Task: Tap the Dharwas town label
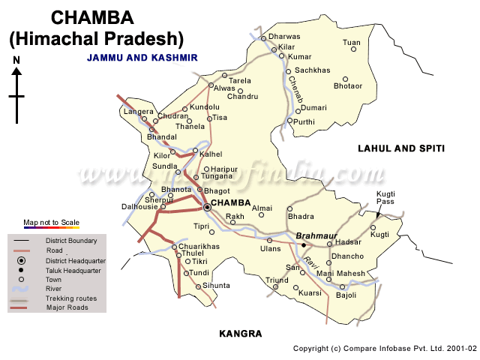[x=284, y=36]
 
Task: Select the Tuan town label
[x=351, y=43]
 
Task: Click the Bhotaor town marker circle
[x=346, y=79]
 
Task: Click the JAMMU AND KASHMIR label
[x=142, y=57]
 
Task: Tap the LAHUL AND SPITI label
[x=400, y=149]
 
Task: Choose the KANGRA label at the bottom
[x=240, y=333]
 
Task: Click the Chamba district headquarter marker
[x=207, y=208]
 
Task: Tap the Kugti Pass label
[x=385, y=198]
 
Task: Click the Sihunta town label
[x=216, y=286]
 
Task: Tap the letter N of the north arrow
[x=16, y=59]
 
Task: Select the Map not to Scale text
[x=51, y=223]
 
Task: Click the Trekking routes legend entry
[x=71, y=298]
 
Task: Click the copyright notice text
[x=384, y=349]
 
